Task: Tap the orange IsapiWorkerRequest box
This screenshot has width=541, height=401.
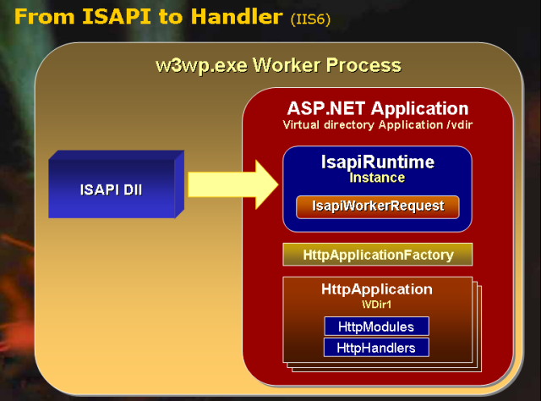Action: tap(377, 206)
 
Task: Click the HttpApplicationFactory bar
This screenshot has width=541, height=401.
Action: tap(377, 254)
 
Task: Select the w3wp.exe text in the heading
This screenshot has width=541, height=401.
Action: tap(195, 65)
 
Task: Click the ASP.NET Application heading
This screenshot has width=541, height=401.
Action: tap(377, 108)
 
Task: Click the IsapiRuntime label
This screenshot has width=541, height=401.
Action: tap(377, 162)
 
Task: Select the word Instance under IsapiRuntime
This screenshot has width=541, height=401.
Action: tap(377, 178)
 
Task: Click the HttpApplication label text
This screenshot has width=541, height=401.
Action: tap(377, 289)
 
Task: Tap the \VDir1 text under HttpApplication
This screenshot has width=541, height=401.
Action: tap(377, 303)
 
